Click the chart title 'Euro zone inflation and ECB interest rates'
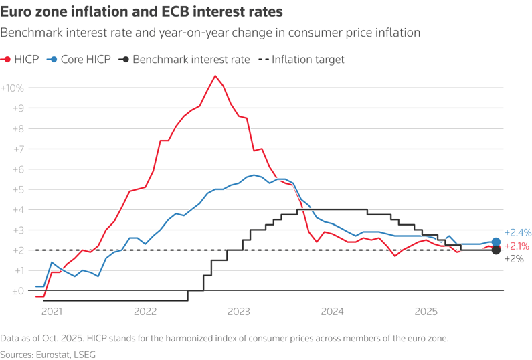[141, 12]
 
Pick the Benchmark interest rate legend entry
[184, 60]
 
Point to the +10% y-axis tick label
[13, 88]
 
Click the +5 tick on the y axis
[17, 189]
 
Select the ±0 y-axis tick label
[16, 291]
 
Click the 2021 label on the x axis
[52, 311]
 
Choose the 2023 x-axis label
[239, 311]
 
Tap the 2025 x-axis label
[426, 311]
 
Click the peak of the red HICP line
[215, 76]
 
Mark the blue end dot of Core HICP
[496, 242]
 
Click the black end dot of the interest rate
[496, 250]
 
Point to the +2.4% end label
[517, 233]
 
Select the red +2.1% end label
[517, 246]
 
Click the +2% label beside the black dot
[514, 259]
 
